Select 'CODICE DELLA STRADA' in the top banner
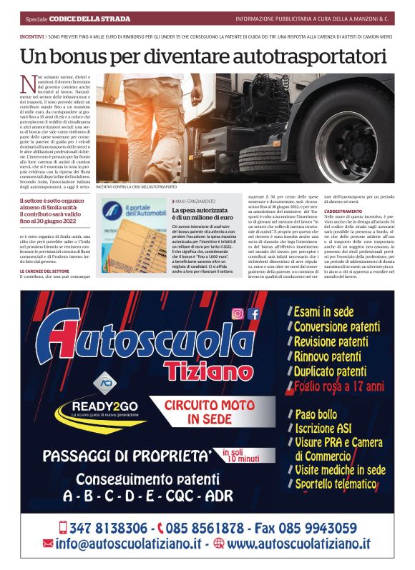[90, 18]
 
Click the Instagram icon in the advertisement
[238, 314]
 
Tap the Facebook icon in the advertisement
[253, 314]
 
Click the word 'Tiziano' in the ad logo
[208, 370]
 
